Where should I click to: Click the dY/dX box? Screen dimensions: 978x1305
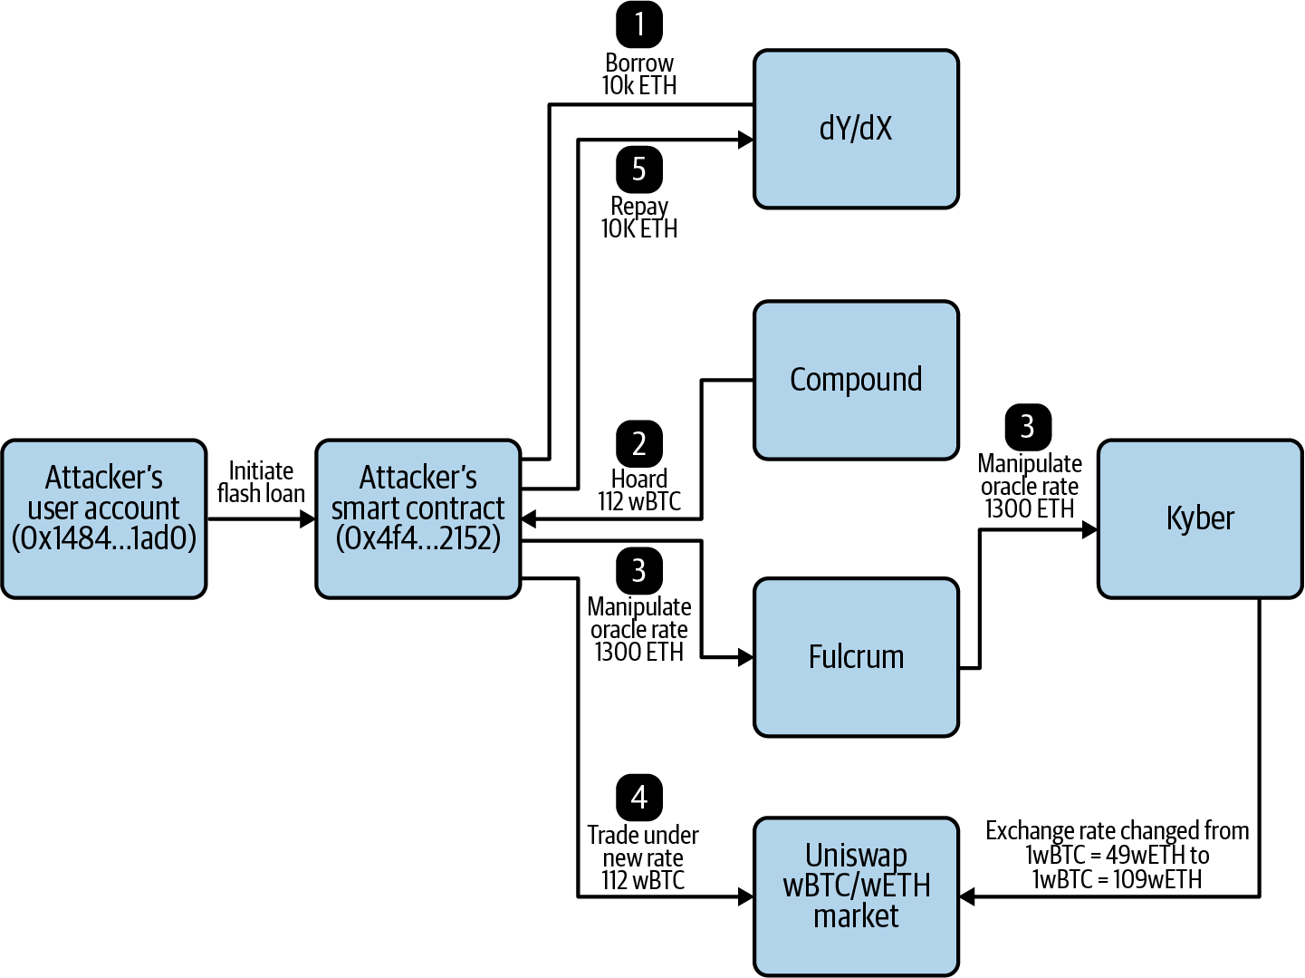point(856,129)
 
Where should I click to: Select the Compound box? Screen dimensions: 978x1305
point(856,380)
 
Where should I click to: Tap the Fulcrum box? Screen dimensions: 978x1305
point(856,657)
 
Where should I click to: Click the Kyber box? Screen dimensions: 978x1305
point(1200,518)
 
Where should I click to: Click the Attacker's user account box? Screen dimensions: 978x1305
point(104,518)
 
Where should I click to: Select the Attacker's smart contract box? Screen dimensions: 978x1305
point(417,518)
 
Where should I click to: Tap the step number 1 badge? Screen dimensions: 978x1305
point(639,24)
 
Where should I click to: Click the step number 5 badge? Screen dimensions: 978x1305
point(639,169)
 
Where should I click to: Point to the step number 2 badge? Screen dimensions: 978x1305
point(639,443)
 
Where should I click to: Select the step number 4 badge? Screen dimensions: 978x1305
point(639,797)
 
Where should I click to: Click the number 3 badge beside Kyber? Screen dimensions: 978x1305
point(1028,426)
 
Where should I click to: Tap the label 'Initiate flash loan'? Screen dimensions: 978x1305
point(261,482)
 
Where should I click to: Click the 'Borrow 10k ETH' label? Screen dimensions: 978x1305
point(639,74)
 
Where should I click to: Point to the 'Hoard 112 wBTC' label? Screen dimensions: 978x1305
point(639,490)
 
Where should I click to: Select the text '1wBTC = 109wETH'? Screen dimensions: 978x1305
point(1117,879)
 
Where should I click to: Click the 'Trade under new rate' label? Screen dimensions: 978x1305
point(643,846)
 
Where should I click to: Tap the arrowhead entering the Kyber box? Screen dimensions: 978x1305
point(1089,529)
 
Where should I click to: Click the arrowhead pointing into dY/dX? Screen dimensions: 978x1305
point(746,140)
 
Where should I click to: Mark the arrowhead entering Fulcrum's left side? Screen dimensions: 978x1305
point(746,657)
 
